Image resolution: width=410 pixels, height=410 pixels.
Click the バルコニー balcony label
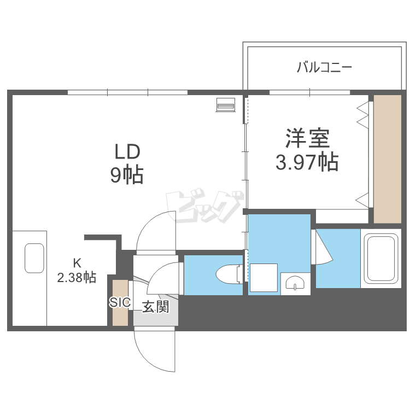pyautogui.click(x=324, y=68)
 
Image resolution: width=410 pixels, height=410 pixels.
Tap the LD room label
pyautogui.click(x=127, y=151)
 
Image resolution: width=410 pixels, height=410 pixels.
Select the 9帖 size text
pyautogui.click(x=127, y=175)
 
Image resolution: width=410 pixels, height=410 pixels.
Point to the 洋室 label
pyautogui.click(x=307, y=138)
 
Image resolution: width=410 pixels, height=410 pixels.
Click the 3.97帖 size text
pyautogui.click(x=306, y=162)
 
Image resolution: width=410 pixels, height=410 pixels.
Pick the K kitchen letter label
pyautogui.click(x=77, y=262)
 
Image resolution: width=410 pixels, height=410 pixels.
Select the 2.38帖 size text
pyautogui.click(x=77, y=277)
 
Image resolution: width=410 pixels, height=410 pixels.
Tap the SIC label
pyautogui.click(x=119, y=302)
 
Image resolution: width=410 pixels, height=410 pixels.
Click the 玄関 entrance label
pyautogui.click(x=155, y=307)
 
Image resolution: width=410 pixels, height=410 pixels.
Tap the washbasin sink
pyautogui.click(x=295, y=283)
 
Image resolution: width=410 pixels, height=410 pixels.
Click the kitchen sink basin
pyautogui.click(x=34, y=258)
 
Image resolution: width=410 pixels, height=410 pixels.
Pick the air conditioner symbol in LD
pyautogui.click(x=225, y=104)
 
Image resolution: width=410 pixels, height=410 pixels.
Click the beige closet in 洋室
pyautogui.click(x=388, y=159)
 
